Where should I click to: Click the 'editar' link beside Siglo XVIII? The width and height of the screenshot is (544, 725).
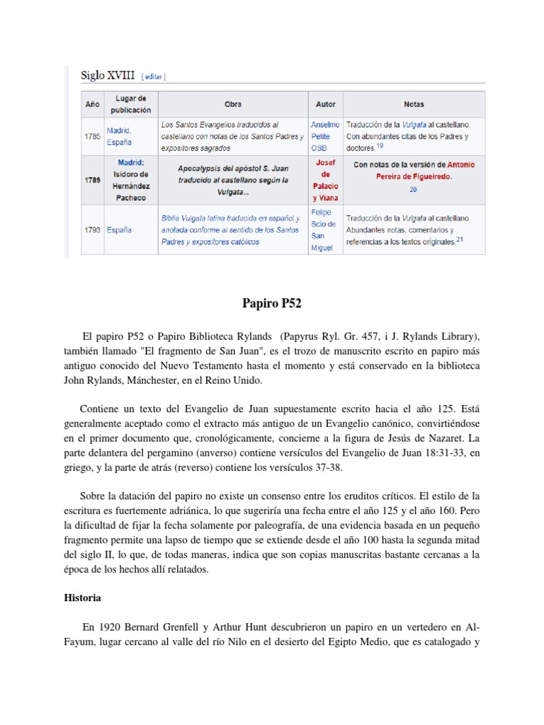click(x=154, y=76)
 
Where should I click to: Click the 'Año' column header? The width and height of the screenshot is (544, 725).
click(x=92, y=104)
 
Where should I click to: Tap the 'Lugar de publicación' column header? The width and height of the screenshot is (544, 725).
click(x=130, y=104)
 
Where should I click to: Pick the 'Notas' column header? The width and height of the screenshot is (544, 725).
click(x=414, y=104)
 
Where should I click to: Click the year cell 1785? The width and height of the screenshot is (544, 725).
click(x=92, y=136)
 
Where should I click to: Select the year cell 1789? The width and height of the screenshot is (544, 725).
click(x=92, y=180)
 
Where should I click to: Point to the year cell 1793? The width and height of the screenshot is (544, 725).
click(x=92, y=230)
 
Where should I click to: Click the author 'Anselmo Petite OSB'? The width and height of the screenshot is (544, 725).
click(x=325, y=136)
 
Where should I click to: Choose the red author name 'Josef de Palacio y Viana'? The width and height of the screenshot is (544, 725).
click(x=325, y=180)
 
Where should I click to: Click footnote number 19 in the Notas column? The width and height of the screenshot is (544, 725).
click(x=380, y=146)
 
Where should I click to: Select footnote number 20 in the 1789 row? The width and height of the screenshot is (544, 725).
click(x=414, y=190)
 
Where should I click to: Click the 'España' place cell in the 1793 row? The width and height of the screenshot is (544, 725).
click(x=120, y=230)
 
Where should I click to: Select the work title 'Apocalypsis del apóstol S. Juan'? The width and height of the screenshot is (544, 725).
click(x=233, y=169)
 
